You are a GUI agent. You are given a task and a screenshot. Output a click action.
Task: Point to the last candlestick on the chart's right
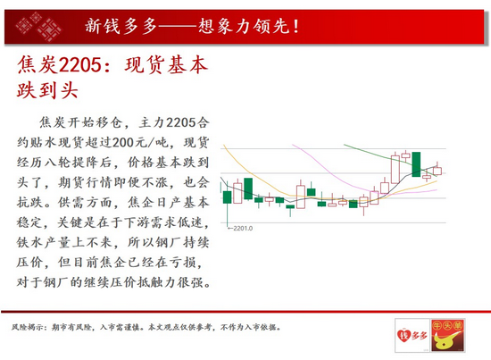click(437, 170)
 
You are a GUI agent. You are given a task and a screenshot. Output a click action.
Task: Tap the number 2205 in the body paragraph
click(179, 120)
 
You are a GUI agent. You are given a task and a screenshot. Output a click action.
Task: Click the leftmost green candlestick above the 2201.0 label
click(228, 194)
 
